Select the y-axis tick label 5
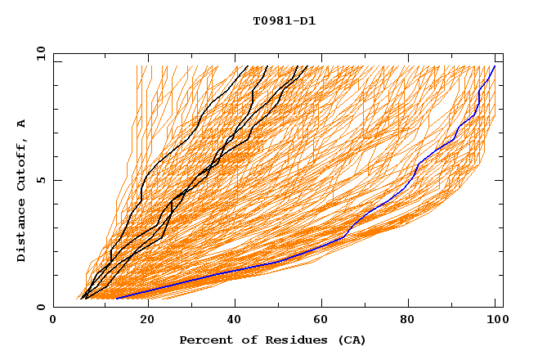click(x=40, y=180)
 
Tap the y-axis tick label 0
click(x=40, y=307)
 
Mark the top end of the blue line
click(x=494, y=66)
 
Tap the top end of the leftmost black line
click(x=247, y=66)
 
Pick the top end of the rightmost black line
click(x=308, y=66)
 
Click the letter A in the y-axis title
click(x=21, y=124)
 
